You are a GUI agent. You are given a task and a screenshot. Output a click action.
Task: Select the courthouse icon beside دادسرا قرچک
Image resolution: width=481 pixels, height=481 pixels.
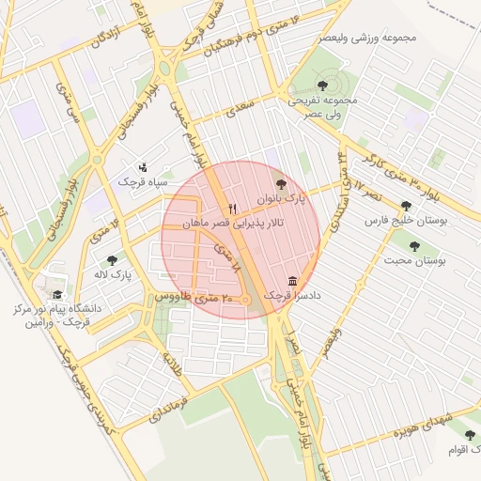click(293, 281)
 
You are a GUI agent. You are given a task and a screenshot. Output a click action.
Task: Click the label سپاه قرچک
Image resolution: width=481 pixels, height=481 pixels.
click(139, 181)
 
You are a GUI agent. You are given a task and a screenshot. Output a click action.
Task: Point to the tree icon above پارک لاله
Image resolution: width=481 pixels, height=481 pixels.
click(113, 260)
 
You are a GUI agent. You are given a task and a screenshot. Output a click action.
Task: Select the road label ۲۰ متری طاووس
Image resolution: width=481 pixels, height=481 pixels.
click(185, 297)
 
